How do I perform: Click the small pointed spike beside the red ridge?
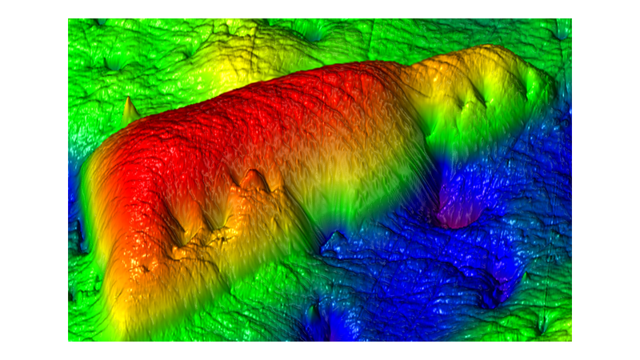(129, 108)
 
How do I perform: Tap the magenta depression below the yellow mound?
(456, 214)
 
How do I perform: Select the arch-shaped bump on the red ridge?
(255, 181)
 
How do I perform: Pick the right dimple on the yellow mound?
(482, 99)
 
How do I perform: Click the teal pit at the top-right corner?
(560, 32)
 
